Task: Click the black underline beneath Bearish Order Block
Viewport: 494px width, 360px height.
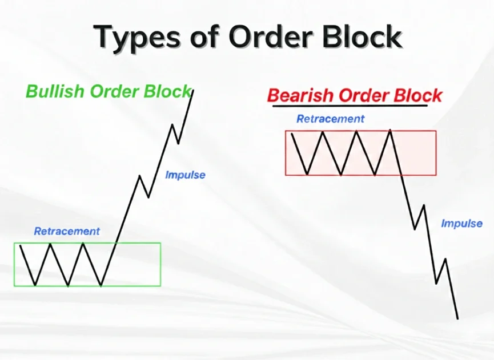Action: pos(350,106)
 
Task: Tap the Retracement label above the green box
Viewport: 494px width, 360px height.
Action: pos(67,231)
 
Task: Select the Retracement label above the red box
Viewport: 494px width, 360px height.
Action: pos(330,119)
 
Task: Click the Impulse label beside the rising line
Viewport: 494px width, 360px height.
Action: pos(185,175)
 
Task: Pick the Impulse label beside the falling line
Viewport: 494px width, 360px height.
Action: pos(461,224)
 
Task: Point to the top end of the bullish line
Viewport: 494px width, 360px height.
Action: pos(193,90)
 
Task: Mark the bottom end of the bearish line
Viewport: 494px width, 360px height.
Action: pos(457,318)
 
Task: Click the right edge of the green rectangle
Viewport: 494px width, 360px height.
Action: pos(160,264)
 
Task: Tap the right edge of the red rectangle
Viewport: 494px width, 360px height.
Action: pos(436,152)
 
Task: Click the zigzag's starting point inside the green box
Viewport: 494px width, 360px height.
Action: pos(20,245)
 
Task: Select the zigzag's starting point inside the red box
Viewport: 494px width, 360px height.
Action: pos(292,134)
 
